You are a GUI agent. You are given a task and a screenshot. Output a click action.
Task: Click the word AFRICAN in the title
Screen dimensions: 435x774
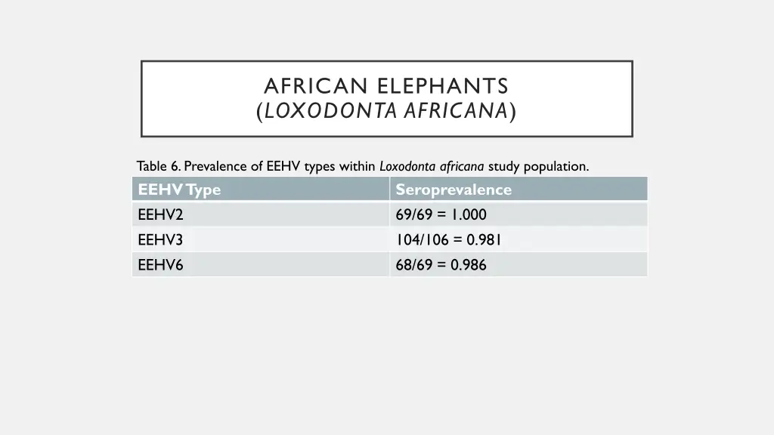315,85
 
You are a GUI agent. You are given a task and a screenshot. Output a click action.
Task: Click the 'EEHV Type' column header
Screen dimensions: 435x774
179,190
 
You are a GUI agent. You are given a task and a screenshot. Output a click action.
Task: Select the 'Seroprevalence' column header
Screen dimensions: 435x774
454,190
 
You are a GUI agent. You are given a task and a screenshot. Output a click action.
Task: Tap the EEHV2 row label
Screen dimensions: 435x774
160,215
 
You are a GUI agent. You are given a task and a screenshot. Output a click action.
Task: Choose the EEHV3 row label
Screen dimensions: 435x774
160,240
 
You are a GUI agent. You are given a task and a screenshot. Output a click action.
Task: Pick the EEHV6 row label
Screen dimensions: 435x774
160,265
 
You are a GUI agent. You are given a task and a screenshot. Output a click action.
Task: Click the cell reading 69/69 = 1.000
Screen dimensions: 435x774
441,215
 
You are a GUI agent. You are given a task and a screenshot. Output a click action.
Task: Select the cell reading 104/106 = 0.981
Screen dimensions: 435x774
448,240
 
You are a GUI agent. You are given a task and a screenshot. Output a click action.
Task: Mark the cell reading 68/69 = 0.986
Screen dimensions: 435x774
441,265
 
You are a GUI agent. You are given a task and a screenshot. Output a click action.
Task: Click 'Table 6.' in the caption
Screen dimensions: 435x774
159,166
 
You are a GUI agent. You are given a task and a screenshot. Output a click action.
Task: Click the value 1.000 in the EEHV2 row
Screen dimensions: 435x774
469,215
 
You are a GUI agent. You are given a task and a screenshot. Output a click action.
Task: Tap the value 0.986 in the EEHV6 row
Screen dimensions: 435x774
469,265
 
